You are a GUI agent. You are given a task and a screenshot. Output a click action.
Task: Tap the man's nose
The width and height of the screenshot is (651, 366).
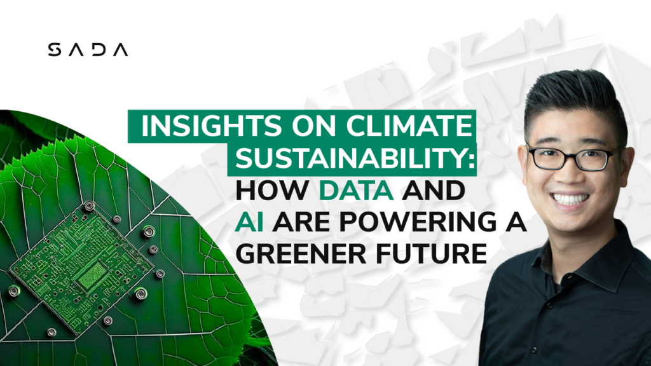pos(571,175)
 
